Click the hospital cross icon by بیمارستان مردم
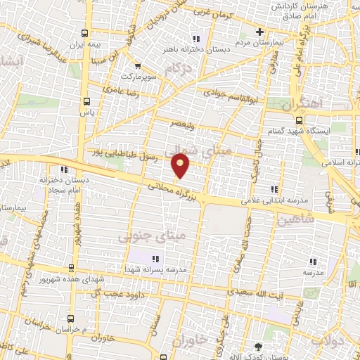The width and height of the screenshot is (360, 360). tap(259, 32)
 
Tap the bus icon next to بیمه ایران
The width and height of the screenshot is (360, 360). tap(85, 33)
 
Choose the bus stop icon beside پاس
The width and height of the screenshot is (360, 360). tap(87, 100)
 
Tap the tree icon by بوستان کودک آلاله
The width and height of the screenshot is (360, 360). tap(257, 347)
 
